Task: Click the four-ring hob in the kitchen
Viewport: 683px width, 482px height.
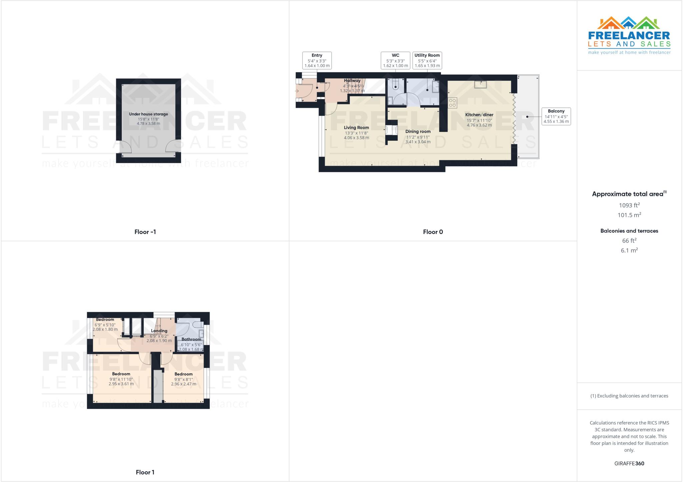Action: tap(452, 103)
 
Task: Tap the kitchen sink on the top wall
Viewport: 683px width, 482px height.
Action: tap(480, 85)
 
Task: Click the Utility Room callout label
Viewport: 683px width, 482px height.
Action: tap(427, 55)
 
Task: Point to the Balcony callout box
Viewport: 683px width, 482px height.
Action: tap(556, 116)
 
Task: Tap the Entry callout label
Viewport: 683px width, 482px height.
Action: tap(317, 55)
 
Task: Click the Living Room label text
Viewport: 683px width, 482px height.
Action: tap(356, 127)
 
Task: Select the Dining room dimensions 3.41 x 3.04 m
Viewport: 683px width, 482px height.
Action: tap(418, 142)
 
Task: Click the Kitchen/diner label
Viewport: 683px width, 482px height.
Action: tap(479, 115)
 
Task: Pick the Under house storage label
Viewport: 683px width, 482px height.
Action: tap(148, 114)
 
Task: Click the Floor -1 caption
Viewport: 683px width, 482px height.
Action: tap(145, 232)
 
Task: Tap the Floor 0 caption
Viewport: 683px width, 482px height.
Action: tap(433, 232)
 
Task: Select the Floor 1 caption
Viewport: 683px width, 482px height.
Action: tap(145, 472)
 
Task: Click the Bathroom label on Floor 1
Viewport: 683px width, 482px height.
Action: tap(191, 339)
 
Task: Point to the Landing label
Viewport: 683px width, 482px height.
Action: tap(159, 331)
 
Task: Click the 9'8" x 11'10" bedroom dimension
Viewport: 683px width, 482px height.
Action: tap(121, 379)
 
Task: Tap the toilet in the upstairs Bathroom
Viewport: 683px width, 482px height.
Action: tap(196, 324)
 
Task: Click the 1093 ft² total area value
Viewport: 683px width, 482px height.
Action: tap(629, 205)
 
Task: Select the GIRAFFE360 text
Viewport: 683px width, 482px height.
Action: tap(629, 463)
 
